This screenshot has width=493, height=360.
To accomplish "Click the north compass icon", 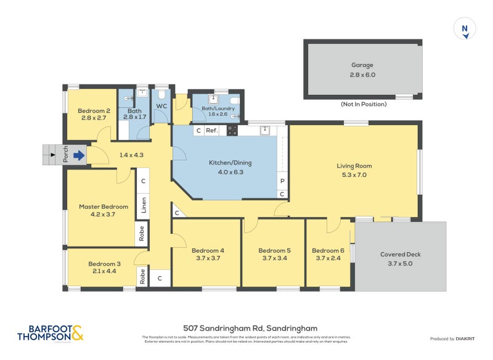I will (465, 30).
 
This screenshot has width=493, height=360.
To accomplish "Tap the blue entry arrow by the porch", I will (79, 156).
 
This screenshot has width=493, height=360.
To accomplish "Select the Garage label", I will (362, 65).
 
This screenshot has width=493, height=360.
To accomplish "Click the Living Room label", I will (354, 166).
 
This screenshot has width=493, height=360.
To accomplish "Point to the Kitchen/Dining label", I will (230, 163).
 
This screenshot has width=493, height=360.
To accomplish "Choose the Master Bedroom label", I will (103, 207).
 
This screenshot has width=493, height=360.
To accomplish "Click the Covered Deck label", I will (400, 254).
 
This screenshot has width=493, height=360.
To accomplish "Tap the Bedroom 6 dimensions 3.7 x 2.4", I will (327, 259).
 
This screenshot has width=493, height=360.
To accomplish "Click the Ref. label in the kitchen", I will (211, 131).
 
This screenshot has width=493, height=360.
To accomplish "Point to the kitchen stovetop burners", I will (232, 131).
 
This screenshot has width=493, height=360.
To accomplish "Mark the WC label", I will (161, 107).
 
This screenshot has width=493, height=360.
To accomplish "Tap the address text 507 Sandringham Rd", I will (250, 329).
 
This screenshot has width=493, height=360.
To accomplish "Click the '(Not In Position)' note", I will (364, 104).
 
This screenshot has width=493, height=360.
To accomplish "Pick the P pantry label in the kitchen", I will (282, 181).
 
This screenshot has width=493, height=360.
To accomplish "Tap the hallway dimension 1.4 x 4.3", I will (131, 155).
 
